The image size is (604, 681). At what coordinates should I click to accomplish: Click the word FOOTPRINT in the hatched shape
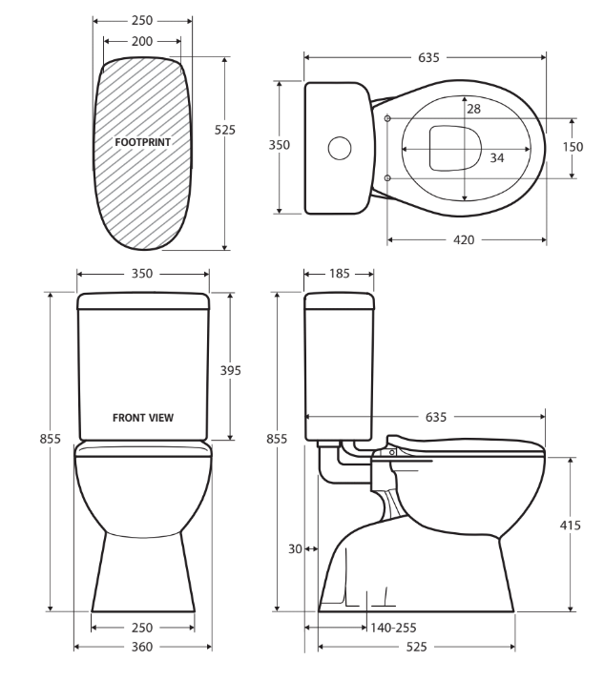(142, 142)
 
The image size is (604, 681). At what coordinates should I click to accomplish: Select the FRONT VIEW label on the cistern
(143, 417)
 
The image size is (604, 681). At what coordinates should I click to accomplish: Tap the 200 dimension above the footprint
(142, 42)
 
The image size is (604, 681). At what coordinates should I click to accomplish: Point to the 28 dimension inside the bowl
(473, 109)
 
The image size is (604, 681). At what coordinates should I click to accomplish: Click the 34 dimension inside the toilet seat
(496, 157)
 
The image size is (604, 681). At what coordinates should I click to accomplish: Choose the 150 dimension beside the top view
(573, 147)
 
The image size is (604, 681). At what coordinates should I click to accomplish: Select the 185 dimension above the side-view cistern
(340, 274)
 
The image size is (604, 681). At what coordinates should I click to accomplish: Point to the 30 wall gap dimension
(294, 549)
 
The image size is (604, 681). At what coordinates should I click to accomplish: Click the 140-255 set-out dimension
(393, 628)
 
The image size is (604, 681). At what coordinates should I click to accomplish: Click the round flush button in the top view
(339, 148)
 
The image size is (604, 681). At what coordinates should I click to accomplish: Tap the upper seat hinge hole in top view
(387, 118)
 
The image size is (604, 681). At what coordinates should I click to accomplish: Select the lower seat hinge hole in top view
(387, 178)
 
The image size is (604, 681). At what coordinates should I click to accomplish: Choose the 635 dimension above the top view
(428, 58)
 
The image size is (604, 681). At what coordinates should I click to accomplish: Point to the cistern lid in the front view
(143, 302)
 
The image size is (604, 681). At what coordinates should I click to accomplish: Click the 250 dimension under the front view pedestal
(142, 628)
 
